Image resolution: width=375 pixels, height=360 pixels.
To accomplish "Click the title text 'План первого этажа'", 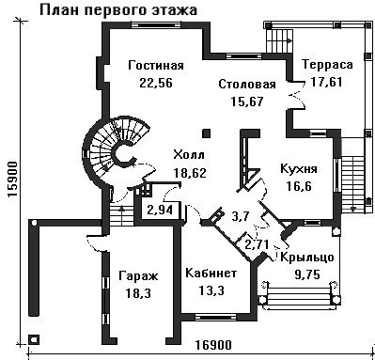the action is [118, 10].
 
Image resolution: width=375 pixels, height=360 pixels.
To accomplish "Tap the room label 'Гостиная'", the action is [156, 66].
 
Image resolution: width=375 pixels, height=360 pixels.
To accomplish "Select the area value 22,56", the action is [156, 83].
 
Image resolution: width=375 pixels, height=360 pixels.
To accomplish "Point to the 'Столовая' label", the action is [247, 85].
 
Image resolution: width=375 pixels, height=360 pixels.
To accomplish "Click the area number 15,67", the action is [247, 102].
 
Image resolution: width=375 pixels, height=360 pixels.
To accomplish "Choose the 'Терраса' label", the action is [327, 65].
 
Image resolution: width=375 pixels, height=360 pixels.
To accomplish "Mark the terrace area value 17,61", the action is [327, 82].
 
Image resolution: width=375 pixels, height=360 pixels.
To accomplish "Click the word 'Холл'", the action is [189, 154].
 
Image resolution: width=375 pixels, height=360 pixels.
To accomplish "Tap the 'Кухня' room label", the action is [299, 169].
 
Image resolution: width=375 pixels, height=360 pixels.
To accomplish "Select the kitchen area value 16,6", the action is [299, 186].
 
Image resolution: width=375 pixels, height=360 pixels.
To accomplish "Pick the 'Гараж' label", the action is [138, 276].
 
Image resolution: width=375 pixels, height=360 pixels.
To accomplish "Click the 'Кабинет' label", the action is [211, 274].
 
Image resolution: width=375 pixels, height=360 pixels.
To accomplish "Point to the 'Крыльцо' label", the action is [307, 258].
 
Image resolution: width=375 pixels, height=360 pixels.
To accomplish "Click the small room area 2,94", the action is [160, 210].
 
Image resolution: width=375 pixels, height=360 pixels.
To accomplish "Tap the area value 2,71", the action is [257, 244].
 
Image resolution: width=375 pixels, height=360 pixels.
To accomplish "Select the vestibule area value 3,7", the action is [241, 216].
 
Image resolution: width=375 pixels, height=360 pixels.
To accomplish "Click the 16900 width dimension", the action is [213, 345].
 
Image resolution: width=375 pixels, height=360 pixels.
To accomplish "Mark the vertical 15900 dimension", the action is [12, 180].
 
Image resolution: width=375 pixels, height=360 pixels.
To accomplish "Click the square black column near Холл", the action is [206, 133].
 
